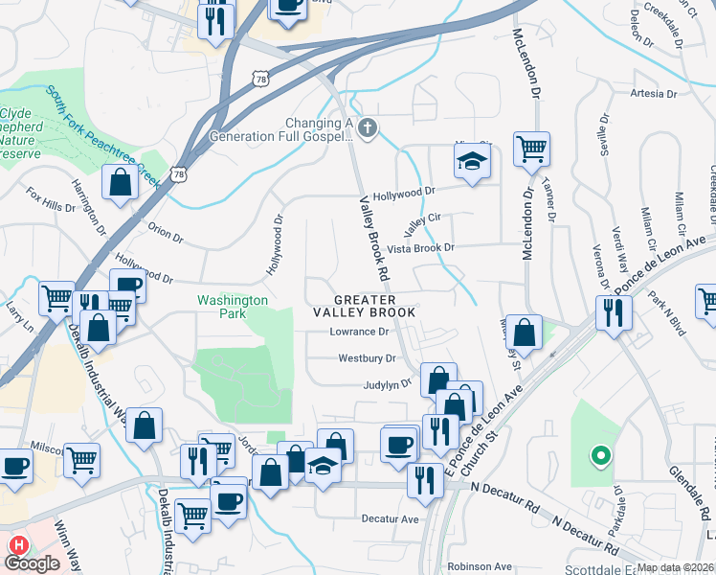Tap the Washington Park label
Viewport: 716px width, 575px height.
pyautogui.click(x=233, y=307)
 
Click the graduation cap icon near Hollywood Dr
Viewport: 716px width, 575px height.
pyautogui.click(x=471, y=160)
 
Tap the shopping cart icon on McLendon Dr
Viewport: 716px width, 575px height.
pyautogui.click(x=531, y=149)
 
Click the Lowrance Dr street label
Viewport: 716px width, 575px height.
pyautogui.click(x=360, y=333)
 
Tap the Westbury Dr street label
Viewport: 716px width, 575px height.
pyautogui.click(x=367, y=358)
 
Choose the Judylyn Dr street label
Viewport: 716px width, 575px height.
pyautogui.click(x=387, y=383)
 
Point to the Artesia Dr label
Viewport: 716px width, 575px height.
pyautogui.click(x=653, y=94)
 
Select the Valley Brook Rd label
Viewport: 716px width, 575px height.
pyautogui.click(x=374, y=239)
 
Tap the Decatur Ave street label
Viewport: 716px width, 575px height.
pyautogui.click(x=391, y=518)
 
